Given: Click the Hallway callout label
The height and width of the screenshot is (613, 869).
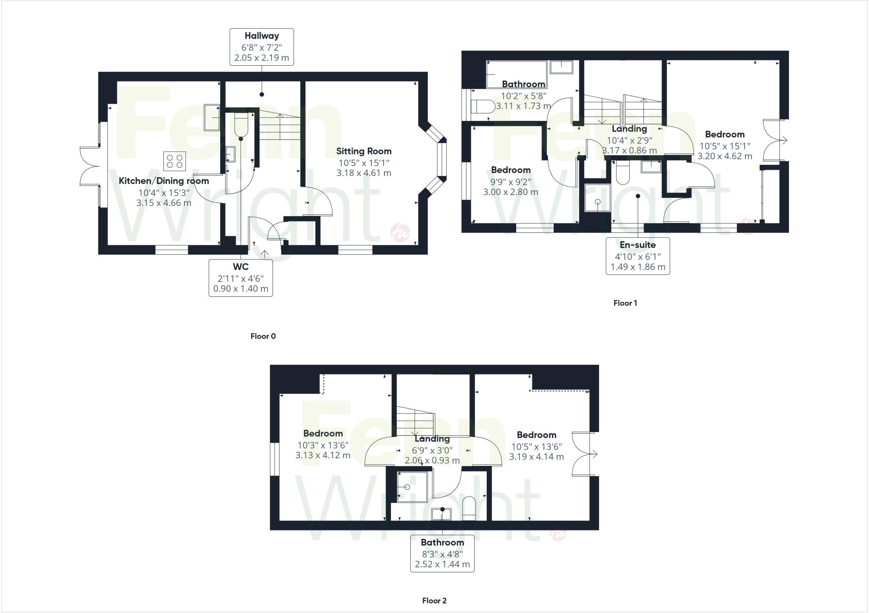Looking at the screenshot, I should coord(261,47).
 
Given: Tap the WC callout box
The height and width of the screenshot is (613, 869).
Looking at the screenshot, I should coord(241,278).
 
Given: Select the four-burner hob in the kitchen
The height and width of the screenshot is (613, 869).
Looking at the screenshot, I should coord(175,161).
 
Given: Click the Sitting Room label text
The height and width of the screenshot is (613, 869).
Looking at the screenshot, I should coord(364,151).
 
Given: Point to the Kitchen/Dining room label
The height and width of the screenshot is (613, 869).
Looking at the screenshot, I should coord(164,181).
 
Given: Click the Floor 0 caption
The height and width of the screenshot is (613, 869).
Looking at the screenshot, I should coord(263,336).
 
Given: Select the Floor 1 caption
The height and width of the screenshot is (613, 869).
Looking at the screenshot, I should coord(625,303).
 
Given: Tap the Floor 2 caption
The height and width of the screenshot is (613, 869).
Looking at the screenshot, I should coord(434,601).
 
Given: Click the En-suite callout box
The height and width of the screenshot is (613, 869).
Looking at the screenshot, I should coord(638,256).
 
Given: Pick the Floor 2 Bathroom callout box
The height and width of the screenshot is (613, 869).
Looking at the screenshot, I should coord(442,554).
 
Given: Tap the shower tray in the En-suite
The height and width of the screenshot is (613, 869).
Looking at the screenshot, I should coord(597,198).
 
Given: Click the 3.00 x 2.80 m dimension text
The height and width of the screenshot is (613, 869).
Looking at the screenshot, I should coord(510,192).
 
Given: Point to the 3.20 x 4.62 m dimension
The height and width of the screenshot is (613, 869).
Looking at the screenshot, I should coord(725,156).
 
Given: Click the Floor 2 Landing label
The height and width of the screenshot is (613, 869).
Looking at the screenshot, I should coord(432,439).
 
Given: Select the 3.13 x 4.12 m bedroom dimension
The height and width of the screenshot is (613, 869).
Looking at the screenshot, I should coord(323,456).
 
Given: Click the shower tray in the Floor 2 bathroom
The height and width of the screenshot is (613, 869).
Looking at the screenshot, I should coord(412,487).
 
